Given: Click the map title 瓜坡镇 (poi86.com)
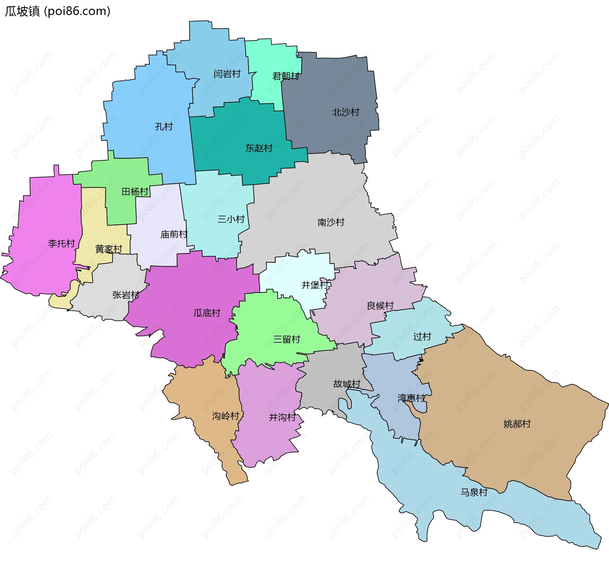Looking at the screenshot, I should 57,11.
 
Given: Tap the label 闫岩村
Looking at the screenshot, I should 227,74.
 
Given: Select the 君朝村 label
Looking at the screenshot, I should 286,76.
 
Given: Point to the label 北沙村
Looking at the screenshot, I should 346,112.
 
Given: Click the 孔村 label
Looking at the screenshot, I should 164,126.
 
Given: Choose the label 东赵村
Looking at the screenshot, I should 259,148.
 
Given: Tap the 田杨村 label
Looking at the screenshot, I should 135,191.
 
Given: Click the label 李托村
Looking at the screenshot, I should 61,243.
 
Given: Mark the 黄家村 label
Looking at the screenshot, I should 109,249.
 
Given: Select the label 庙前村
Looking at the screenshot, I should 174,234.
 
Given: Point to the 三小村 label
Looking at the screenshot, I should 231,219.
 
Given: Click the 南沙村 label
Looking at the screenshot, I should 331,222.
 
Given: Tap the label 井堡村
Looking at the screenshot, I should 315,285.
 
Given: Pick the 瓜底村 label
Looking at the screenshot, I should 207,313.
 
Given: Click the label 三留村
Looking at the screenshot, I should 287,339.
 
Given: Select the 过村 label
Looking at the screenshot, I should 422,336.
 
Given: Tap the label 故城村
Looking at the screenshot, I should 347,384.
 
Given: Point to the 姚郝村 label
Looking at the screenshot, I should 517,424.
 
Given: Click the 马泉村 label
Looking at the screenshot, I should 474,492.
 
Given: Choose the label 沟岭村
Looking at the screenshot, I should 226,416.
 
